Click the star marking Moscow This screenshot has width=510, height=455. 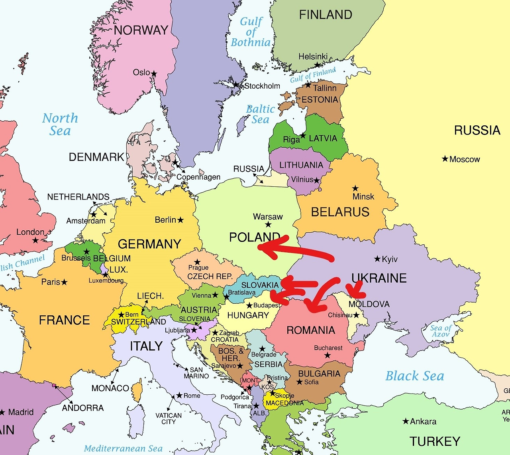445,159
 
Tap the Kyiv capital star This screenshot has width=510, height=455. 377,259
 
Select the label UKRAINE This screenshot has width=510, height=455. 379,278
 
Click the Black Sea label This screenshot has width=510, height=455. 414,376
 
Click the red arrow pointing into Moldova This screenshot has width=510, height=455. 354,289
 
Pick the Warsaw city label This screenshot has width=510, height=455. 268,217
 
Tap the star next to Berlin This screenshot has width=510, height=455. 180,220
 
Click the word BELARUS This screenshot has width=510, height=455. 340,212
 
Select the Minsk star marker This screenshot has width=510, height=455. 355,188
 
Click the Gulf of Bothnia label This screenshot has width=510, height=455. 251,32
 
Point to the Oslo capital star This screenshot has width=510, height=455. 154,73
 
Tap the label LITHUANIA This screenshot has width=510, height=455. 301,165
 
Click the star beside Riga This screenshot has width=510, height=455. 303,136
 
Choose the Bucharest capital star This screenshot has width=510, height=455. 328,355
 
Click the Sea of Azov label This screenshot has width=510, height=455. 441,331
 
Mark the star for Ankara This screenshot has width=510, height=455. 406,421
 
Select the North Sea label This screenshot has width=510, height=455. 60,124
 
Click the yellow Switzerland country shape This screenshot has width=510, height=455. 120,325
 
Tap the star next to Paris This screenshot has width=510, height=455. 64,282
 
